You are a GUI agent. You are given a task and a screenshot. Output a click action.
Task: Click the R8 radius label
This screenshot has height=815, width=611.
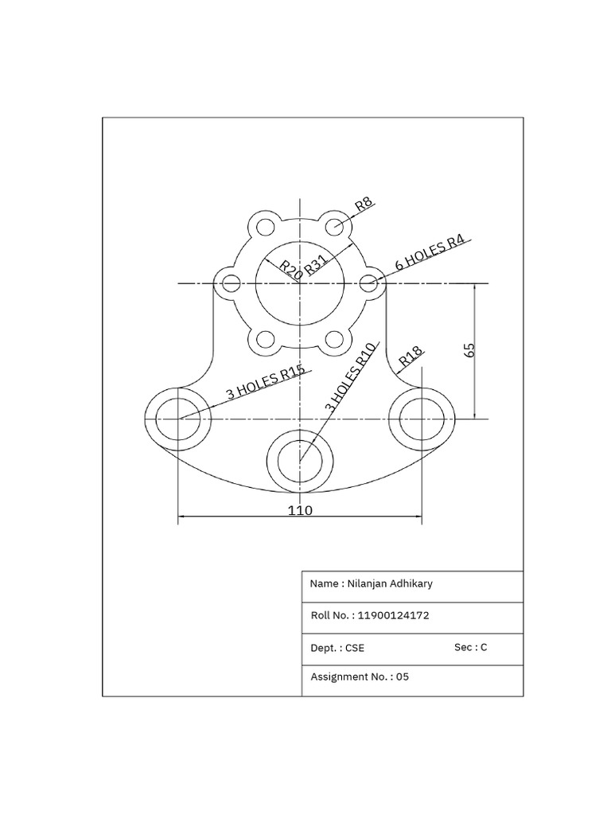364,203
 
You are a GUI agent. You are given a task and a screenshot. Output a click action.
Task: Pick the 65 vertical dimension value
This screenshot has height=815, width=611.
469,350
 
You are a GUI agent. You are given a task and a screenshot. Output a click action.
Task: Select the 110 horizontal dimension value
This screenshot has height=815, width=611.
300,510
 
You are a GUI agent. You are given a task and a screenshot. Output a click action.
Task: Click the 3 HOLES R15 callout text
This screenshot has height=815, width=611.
265,382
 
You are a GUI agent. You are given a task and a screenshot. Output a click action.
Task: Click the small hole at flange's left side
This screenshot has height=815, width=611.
232,283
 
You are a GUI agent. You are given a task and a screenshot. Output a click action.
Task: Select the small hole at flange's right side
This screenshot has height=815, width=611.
368,283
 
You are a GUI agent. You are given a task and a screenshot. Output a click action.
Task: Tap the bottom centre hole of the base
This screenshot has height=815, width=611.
300,461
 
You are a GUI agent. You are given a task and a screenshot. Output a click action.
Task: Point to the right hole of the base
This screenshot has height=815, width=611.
422,419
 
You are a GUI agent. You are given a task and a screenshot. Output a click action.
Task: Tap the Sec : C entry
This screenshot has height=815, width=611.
470,647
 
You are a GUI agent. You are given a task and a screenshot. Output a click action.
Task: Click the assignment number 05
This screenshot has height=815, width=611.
402,677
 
